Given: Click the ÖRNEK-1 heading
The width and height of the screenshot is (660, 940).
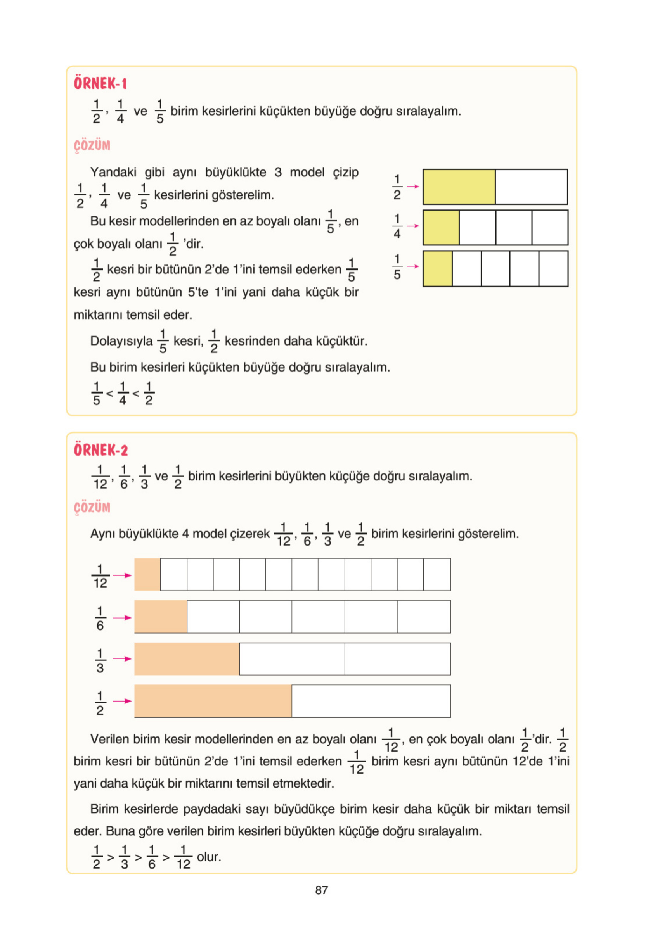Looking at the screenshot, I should pos(100,83).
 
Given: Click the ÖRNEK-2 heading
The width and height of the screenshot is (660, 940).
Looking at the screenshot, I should pos(101,450).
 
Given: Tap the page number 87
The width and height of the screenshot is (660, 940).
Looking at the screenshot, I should pos(321,890).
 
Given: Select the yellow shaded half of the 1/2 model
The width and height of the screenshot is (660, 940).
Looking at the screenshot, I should pos(459,187).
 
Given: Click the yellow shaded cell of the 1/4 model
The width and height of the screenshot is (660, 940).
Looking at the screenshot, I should pos(441,228).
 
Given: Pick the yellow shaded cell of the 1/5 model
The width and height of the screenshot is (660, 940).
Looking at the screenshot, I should pos(438,269).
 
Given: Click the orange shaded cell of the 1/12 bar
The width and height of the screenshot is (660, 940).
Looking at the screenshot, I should pos(147,574).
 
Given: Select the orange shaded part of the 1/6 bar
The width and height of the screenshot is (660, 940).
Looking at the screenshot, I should pos(161,617).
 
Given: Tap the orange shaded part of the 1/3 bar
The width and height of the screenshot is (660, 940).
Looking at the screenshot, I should pos(187,659).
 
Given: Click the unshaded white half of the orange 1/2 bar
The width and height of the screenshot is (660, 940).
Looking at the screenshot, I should pos(371,701).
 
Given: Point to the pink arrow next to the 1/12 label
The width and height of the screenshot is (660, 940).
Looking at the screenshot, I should pos(122,575).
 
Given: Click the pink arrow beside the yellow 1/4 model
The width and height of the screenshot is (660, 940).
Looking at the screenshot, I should pos(412,226).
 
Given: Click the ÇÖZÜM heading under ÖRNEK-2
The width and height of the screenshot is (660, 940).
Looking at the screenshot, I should pos(92,508).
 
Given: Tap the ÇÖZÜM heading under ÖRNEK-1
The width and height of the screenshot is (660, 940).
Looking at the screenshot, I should pos(92,145).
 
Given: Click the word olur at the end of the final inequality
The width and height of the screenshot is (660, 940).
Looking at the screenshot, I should pos(209,857).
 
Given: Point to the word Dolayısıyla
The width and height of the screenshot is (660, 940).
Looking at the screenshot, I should pos(121,340).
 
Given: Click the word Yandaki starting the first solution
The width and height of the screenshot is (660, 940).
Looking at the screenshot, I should pos(113,172).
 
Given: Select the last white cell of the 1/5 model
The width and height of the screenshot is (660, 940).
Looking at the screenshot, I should pos(553,269).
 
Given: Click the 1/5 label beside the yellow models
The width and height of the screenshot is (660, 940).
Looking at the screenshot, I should pos(397,267).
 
